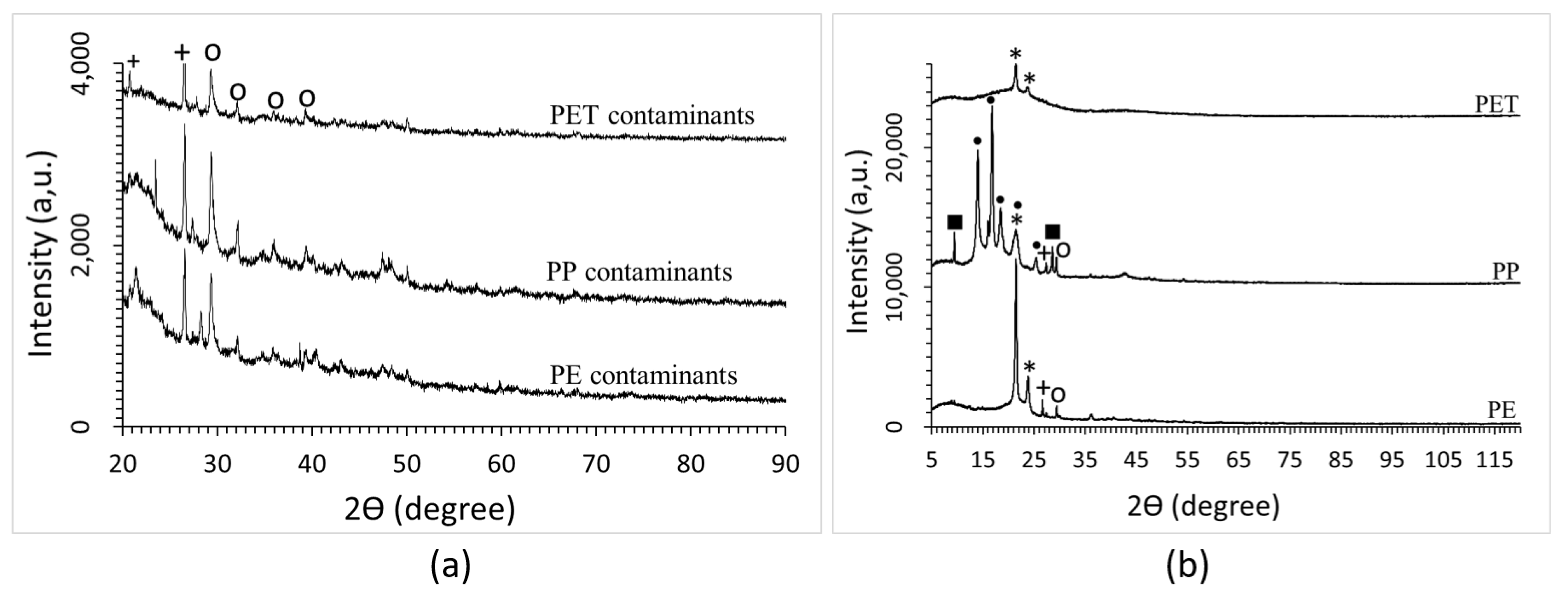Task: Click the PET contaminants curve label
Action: pos(652,115)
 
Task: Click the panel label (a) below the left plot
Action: pos(450,567)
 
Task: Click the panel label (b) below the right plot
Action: pos(1187,567)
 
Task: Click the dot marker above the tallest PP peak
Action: pos(991,100)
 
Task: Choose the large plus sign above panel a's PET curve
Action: pos(182,53)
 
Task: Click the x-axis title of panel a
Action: pos(429,509)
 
